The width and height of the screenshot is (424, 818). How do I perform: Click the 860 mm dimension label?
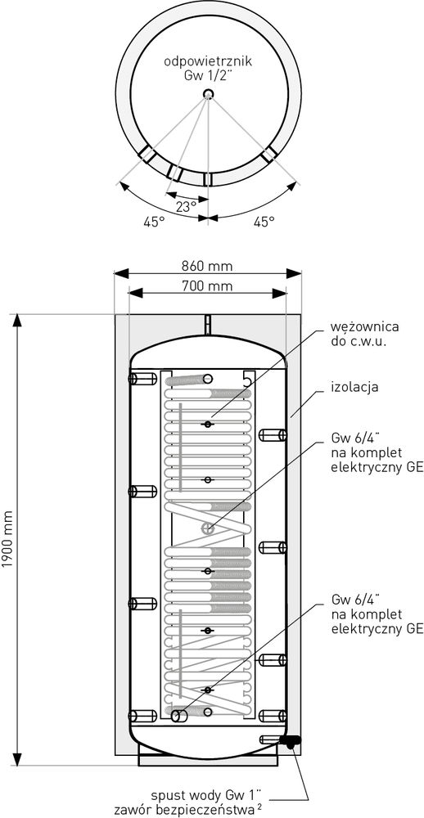pyautogui.click(x=207, y=266)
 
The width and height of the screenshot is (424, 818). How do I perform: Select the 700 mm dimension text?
pyautogui.click(x=207, y=285)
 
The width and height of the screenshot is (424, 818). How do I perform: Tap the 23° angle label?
pyautogui.click(x=185, y=206)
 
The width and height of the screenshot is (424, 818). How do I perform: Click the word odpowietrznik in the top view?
pyautogui.click(x=209, y=61)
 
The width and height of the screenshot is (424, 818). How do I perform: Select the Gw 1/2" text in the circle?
pyautogui.click(x=208, y=75)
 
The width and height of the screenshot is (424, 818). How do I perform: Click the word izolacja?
pyautogui.click(x=354, y=388)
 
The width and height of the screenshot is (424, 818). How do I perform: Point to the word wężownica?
pyautogui.click(x=365, y=328)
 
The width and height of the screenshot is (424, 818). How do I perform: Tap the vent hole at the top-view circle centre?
pyautogui.click(x=209, y=94)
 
